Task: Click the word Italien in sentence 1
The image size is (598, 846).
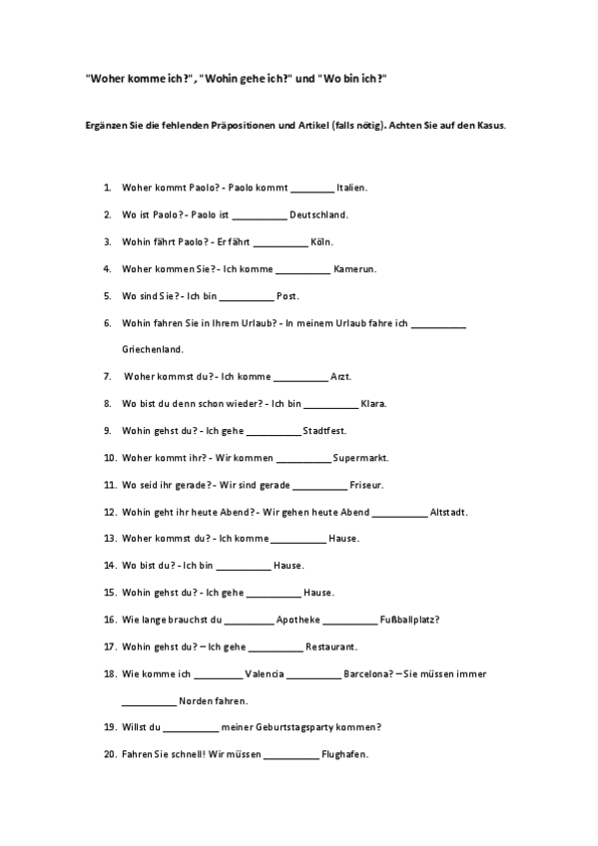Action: (352, 188)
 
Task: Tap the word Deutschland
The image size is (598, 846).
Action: (318, 214)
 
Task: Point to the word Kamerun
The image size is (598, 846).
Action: (354, 269)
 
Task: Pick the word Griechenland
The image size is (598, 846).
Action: (153, 350)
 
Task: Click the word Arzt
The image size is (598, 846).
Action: (340, 377)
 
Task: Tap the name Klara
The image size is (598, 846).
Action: (373, 404)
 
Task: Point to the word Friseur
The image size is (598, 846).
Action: (366, 485)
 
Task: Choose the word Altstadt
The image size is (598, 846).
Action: (448, 512)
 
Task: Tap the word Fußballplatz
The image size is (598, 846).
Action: (410, 620)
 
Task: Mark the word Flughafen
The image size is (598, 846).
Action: (345, 754)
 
